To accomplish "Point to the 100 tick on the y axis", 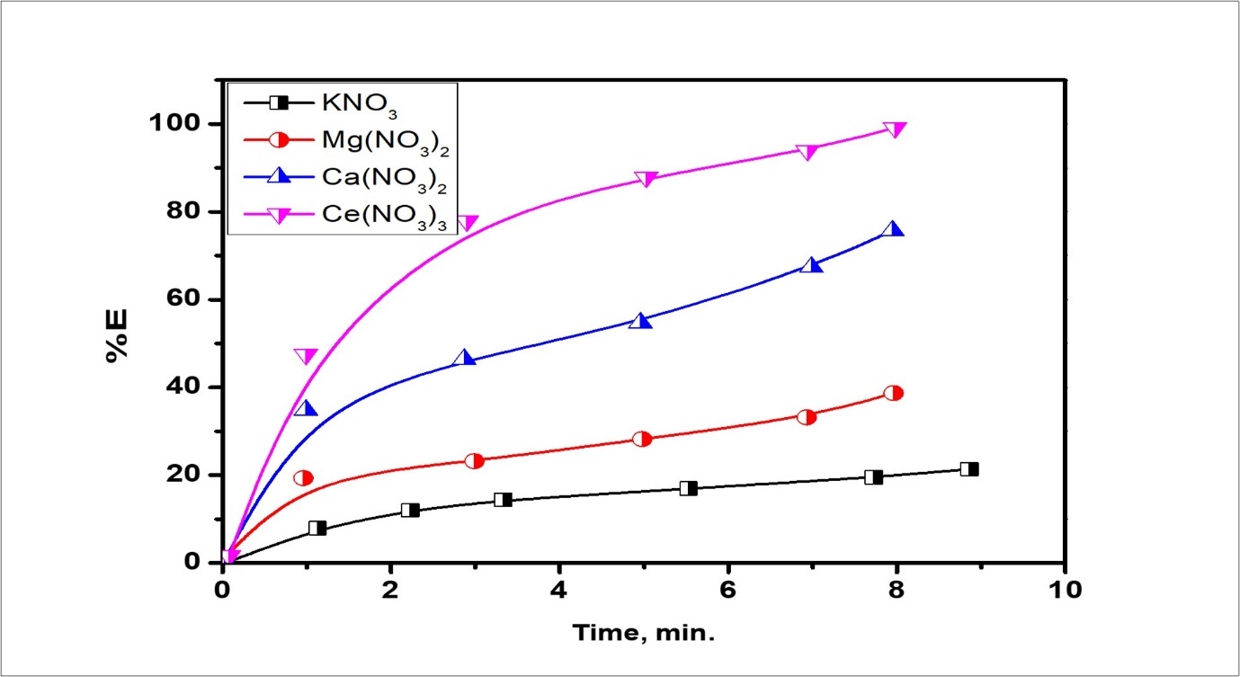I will point(183,123).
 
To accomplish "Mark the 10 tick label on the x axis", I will point(1064,591).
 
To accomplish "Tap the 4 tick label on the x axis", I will point(559,591).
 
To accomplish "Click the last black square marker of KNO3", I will point(968,469).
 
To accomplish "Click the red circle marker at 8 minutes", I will point(893,393).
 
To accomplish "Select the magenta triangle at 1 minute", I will point(306,357).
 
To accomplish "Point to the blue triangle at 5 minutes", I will point(640,320).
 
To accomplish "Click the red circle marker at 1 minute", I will point(303,478).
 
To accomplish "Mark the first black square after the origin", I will point(317,529).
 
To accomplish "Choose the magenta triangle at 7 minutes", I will point(807,152).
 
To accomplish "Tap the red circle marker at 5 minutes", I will point(642,440).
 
